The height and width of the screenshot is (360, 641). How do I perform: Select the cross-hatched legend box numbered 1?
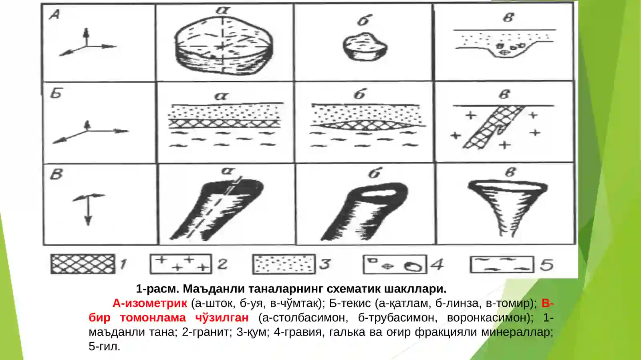tap(83, 264)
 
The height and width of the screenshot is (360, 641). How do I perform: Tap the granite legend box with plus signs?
tap(181, 264)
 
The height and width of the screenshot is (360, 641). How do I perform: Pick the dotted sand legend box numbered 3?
tap(284, 264)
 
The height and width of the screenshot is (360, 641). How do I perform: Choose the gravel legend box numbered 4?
tap(394, 265)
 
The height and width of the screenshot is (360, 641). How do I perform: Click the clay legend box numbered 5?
tap(502, 264)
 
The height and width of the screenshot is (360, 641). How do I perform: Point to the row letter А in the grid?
tap(54, 15)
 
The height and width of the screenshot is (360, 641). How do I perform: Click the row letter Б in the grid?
tap(56, 93)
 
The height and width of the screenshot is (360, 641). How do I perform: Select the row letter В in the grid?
tap(56, 174)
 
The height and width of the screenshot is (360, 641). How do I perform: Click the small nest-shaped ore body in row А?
tap(365, 46)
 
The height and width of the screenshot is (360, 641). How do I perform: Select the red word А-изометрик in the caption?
tap(150, 303)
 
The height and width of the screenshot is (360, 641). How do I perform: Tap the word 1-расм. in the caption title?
tap(157, 289)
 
